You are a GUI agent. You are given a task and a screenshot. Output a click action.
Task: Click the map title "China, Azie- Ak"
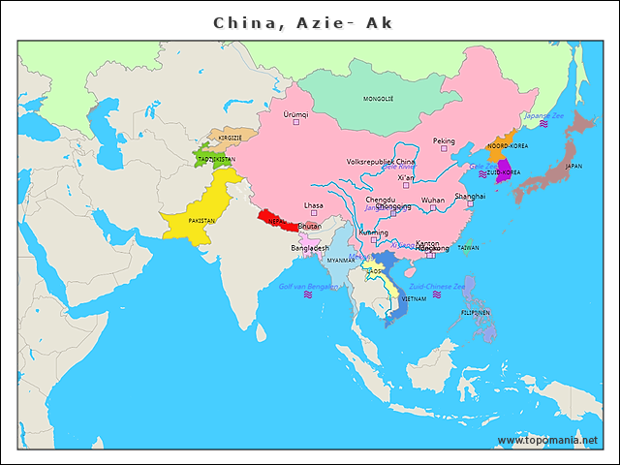302,21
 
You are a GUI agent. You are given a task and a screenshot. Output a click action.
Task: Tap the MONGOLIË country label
378,99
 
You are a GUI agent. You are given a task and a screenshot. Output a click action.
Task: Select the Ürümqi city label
294,113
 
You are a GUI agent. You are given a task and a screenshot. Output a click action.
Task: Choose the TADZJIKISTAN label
215,159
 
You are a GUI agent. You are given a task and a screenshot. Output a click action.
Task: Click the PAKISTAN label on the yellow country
201,221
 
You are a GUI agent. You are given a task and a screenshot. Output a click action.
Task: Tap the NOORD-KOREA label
506,145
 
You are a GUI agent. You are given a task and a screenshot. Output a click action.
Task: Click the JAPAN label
573,166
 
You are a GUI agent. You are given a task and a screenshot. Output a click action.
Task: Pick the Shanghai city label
470,196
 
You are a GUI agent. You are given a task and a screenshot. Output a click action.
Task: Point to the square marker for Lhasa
313,214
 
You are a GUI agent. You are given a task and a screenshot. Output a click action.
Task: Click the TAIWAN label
468,248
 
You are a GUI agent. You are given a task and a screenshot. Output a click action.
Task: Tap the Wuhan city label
433,201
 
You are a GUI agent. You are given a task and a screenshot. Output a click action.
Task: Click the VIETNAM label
414,299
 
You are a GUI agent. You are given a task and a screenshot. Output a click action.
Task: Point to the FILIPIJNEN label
475,313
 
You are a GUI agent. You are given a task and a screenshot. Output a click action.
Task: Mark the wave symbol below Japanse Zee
544,125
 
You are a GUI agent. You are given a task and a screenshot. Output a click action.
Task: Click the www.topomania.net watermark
546,440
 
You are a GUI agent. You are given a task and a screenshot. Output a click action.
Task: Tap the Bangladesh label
310,248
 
